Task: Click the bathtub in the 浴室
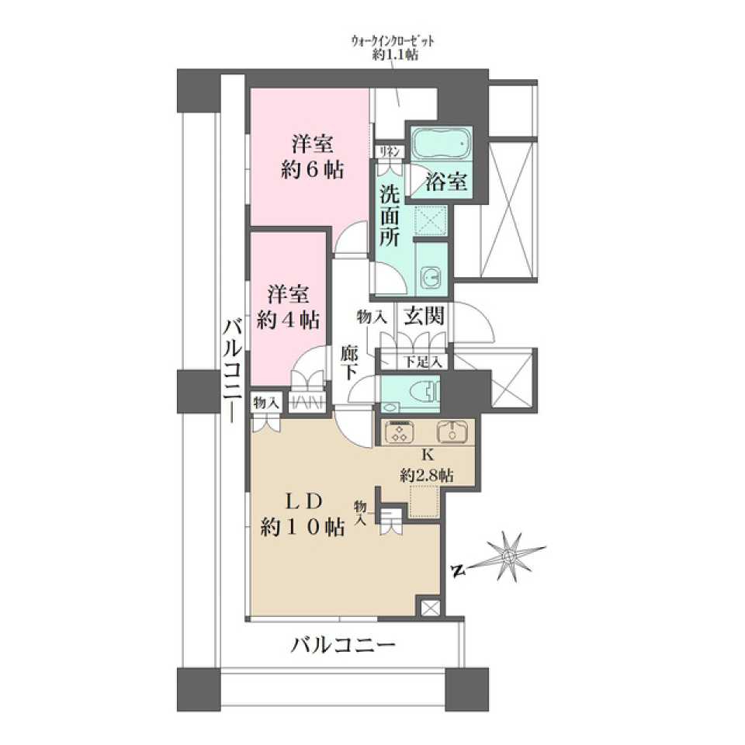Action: click(x=440, y=144)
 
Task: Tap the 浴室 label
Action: click(x=446, y=183)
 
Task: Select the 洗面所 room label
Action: click(x=390, y=215)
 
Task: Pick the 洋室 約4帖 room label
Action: click(x=290, y=307)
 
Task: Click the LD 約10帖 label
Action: click(x=303, y=515)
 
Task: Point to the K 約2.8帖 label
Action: click(x=427, y=466)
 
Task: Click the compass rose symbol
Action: click(x=508, y=556)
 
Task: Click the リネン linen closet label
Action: click(x=389, y=151)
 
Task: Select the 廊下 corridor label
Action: click(x=349, y=362)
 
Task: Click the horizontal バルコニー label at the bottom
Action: click(x=344, y=644)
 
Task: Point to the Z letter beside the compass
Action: click(x=458, y=572)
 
